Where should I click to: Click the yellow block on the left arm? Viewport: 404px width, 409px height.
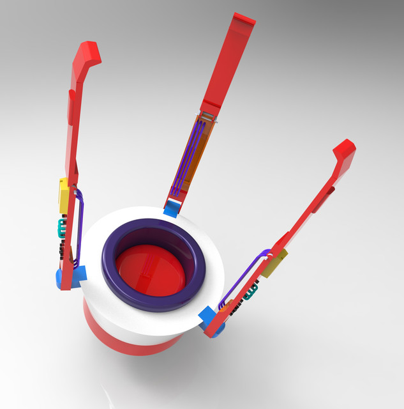pos(64,195)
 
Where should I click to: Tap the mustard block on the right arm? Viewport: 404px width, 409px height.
pos(273,263)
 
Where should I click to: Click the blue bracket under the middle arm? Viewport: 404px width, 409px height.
pos(171,209)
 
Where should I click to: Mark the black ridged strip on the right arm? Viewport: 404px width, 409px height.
pos(237,307)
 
